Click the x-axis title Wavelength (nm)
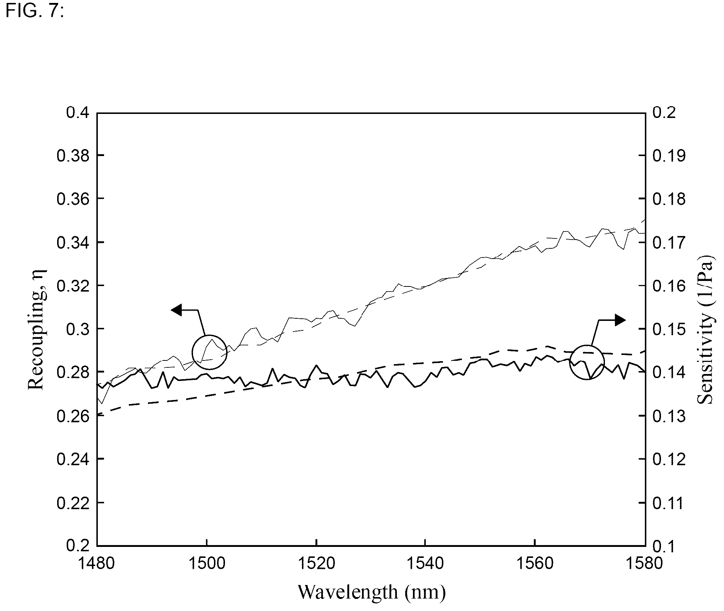click(372, 592)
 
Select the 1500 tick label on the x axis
click(207, 563)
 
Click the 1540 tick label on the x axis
click(425, 563)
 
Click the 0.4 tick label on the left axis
click(78, 112)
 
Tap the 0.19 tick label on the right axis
click(669, 156)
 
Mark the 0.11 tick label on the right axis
click(669, 503)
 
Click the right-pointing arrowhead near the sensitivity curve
click(620, 320)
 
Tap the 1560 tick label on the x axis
click(535, 563)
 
